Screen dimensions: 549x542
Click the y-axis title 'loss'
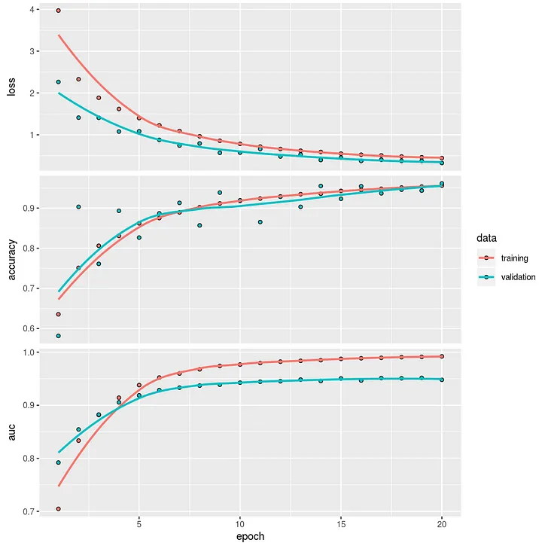click(11, 89)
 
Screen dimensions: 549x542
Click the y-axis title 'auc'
click(11, 432)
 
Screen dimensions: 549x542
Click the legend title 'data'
click(486, 236)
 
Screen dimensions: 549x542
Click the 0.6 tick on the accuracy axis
click(30, 329)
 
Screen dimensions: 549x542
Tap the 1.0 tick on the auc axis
click(30, 352)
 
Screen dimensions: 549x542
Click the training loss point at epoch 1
click(58, 11)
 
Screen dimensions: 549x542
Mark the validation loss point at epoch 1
click(58, 81)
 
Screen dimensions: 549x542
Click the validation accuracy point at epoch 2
click(78, 206)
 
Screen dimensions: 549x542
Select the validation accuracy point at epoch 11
click(260, 222)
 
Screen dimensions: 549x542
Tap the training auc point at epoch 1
click(58, 509)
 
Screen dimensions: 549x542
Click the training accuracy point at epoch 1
click(58, 314)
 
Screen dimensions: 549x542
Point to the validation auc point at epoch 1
click(58, 462)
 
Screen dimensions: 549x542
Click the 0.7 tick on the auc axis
click(30, 512)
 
